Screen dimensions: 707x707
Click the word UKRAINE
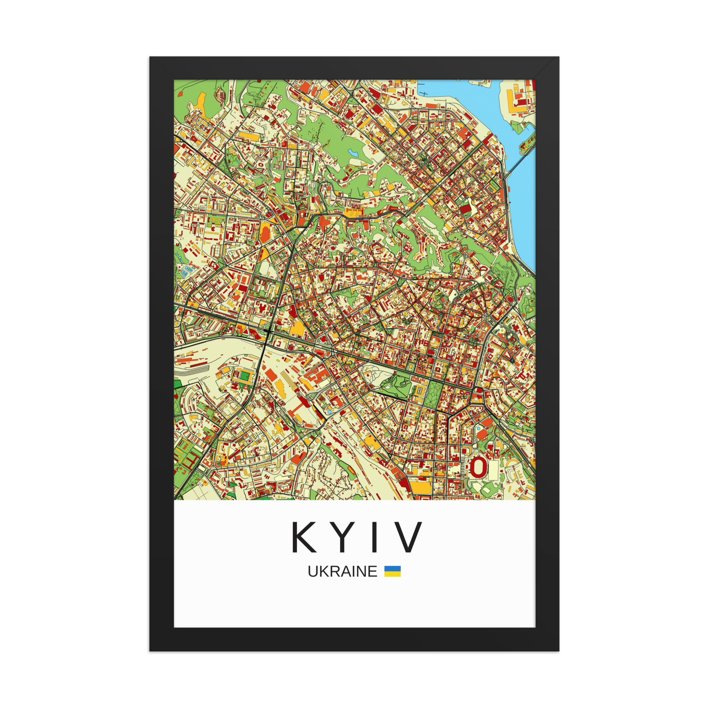click(x=342, y=571)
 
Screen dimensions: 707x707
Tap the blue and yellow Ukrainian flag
click(x=392, y=571)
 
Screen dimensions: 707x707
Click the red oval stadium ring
click(x=478, y=467)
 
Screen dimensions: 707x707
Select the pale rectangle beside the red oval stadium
click(x=493, y=469)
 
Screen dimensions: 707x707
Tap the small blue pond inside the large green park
click(x=353, y=152)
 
